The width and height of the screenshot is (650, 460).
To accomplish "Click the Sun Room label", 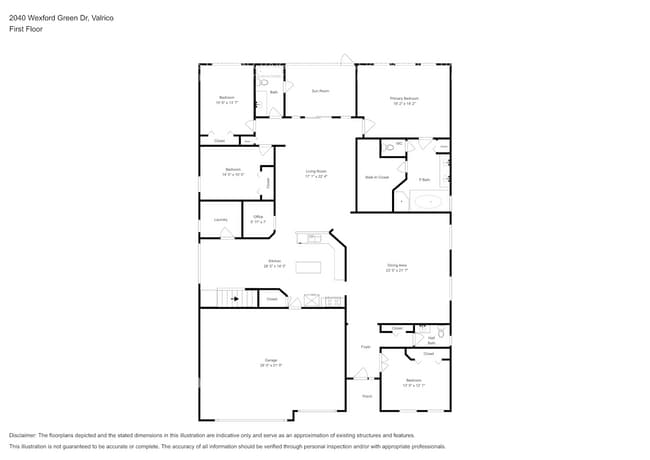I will point(320,91).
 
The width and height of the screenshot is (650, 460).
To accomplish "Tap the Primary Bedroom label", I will point(404,100).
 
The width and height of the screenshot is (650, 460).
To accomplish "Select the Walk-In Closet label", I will point(376,178).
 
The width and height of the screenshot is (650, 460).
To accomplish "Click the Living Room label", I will point(317,173).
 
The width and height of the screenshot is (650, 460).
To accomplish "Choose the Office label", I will point(257,218).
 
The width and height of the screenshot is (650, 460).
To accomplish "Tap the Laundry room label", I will point(220,220).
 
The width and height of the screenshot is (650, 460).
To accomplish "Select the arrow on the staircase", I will point(235,298).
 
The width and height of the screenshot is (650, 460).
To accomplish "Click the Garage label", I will point(271,362).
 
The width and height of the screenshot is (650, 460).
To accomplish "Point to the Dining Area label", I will point(397,267).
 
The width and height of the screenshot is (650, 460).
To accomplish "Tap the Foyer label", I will point(366,347).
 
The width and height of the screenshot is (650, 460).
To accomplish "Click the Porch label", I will point(367,396).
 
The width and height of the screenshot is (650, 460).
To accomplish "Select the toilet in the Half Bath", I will point(440,333).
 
